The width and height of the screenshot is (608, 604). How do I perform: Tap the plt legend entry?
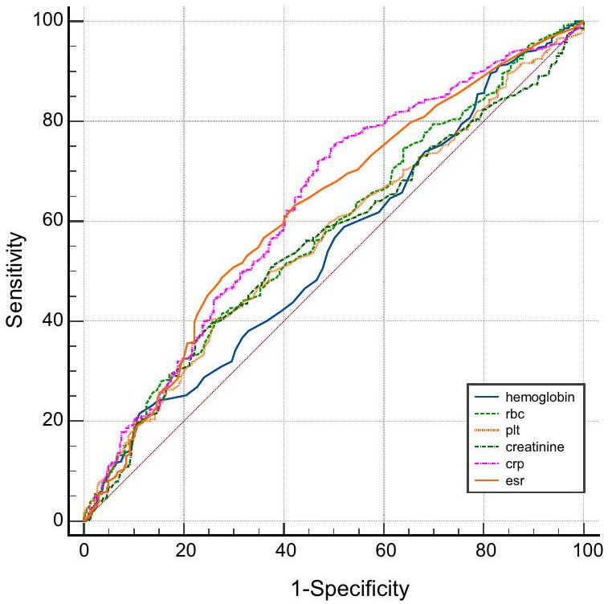click(513, 431)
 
